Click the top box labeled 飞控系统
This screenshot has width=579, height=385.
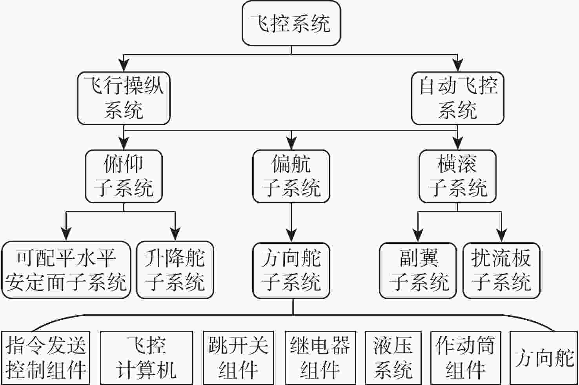pos(291,24)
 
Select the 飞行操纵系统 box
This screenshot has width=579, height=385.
pos(124,98)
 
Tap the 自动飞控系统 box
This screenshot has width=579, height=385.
pos(457,98)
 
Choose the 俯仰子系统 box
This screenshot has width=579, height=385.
pos(124,176)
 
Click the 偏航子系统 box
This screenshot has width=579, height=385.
pos(291,176)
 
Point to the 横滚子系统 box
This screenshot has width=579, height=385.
pos(457,176)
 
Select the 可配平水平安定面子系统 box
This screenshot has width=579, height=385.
pos(66,270)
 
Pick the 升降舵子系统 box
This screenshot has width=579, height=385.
pos(175,270)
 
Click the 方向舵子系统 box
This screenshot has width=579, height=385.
pos(291,270)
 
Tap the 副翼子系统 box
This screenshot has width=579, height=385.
pos(418,270)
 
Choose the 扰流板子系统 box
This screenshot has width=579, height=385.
pos(501,270)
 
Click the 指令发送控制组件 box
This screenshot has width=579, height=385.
pos(46,358)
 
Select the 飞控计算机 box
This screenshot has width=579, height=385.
pos(146,358)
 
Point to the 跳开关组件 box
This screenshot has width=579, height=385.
pos(238,358)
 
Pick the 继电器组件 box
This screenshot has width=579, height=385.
pos(320,358)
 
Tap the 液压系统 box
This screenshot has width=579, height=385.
pos(393,358)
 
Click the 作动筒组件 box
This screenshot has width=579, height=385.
pos(465,358)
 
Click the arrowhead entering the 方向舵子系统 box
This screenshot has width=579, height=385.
pos(291,237)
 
